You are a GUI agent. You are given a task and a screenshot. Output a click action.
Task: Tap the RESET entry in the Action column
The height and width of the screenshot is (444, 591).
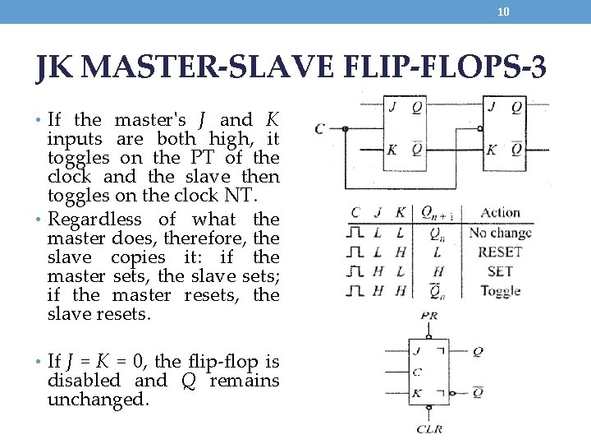500,252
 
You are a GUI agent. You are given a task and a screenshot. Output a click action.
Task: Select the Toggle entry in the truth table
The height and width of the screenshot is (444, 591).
500,290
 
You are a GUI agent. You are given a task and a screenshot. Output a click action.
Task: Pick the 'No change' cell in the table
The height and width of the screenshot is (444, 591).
501,233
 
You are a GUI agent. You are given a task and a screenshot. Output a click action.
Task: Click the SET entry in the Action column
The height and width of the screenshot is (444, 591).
499,271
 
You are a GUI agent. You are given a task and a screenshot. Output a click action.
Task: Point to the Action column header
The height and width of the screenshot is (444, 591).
501,213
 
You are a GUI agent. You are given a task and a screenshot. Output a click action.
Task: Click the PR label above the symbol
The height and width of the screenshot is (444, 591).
428,316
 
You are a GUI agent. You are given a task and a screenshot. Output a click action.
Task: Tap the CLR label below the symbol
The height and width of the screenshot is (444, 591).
429,428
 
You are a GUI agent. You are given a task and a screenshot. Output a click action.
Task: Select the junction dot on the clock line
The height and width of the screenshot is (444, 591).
346,129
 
